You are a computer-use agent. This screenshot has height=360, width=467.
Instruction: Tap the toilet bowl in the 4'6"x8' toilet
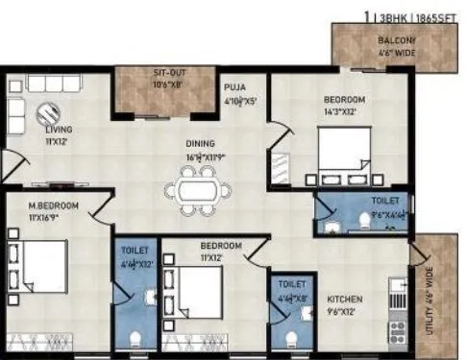[292, 337]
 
